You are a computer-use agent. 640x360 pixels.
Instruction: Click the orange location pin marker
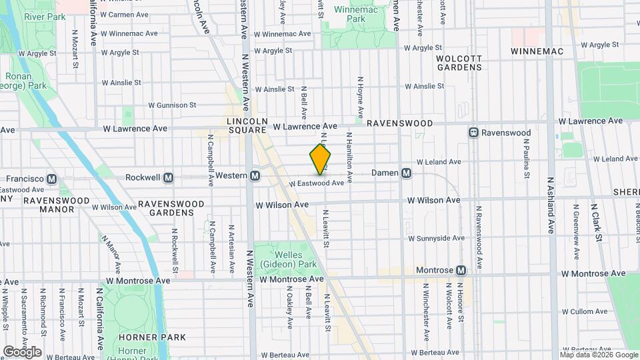tap(320, 159)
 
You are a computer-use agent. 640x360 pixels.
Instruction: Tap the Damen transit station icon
tap(407, 173)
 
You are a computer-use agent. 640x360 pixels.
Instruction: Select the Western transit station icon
tap(254, 176)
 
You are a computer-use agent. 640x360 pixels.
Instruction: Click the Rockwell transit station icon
tap(168, 178)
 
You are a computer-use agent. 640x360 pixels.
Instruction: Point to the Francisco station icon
tap(52, 179)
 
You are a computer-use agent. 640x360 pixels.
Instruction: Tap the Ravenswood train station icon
tap(474, 133)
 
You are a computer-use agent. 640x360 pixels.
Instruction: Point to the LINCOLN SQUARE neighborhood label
tap(242, 125)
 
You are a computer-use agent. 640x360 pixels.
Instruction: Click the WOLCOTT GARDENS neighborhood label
tap(459, 63)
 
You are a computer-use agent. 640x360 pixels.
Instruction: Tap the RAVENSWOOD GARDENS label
tap(166, 208)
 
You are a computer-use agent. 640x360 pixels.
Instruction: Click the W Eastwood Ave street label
tap(317, 183)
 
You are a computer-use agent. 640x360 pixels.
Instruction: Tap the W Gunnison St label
tap(172, 105)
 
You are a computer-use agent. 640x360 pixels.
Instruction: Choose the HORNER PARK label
tap(143, 337)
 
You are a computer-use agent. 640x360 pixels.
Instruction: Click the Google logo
tap(22, 351)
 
